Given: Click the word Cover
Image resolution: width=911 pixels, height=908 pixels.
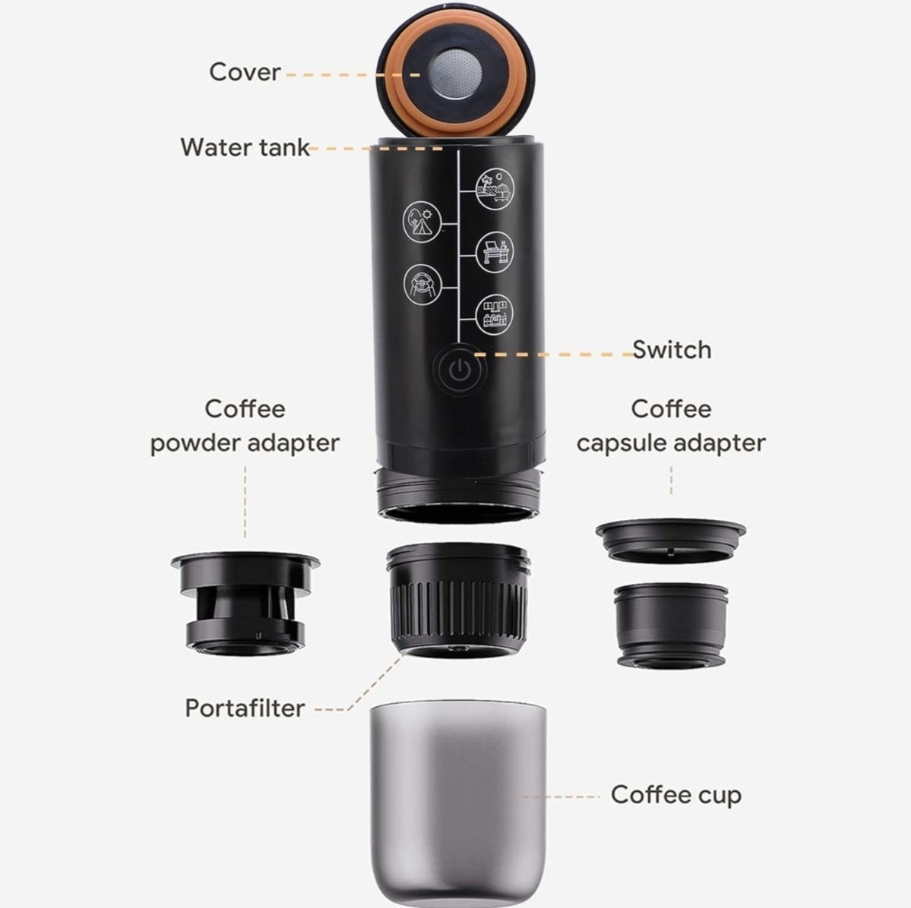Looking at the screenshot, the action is point(245,72).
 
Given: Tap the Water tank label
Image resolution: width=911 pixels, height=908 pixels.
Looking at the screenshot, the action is point(245,147).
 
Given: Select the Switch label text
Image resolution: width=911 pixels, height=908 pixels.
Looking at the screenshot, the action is point(672,349).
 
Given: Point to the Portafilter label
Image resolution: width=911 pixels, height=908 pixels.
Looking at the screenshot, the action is point(245,708).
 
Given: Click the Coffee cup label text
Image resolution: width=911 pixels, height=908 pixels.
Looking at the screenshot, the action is point(676,795).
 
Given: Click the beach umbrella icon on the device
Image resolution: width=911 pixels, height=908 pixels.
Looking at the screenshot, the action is point(495,189).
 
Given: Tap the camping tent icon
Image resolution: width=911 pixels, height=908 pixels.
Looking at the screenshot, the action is point(422,221).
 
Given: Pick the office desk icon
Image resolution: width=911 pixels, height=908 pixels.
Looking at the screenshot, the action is point(495,251).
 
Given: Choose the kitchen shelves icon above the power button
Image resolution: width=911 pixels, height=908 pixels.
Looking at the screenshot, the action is point(495,314).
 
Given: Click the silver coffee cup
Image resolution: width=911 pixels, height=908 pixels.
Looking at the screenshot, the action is point(458,804).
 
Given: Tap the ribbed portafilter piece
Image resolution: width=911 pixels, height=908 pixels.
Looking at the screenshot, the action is point(458,601).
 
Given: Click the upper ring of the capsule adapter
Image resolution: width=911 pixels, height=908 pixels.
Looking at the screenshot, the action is point(670,540).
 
